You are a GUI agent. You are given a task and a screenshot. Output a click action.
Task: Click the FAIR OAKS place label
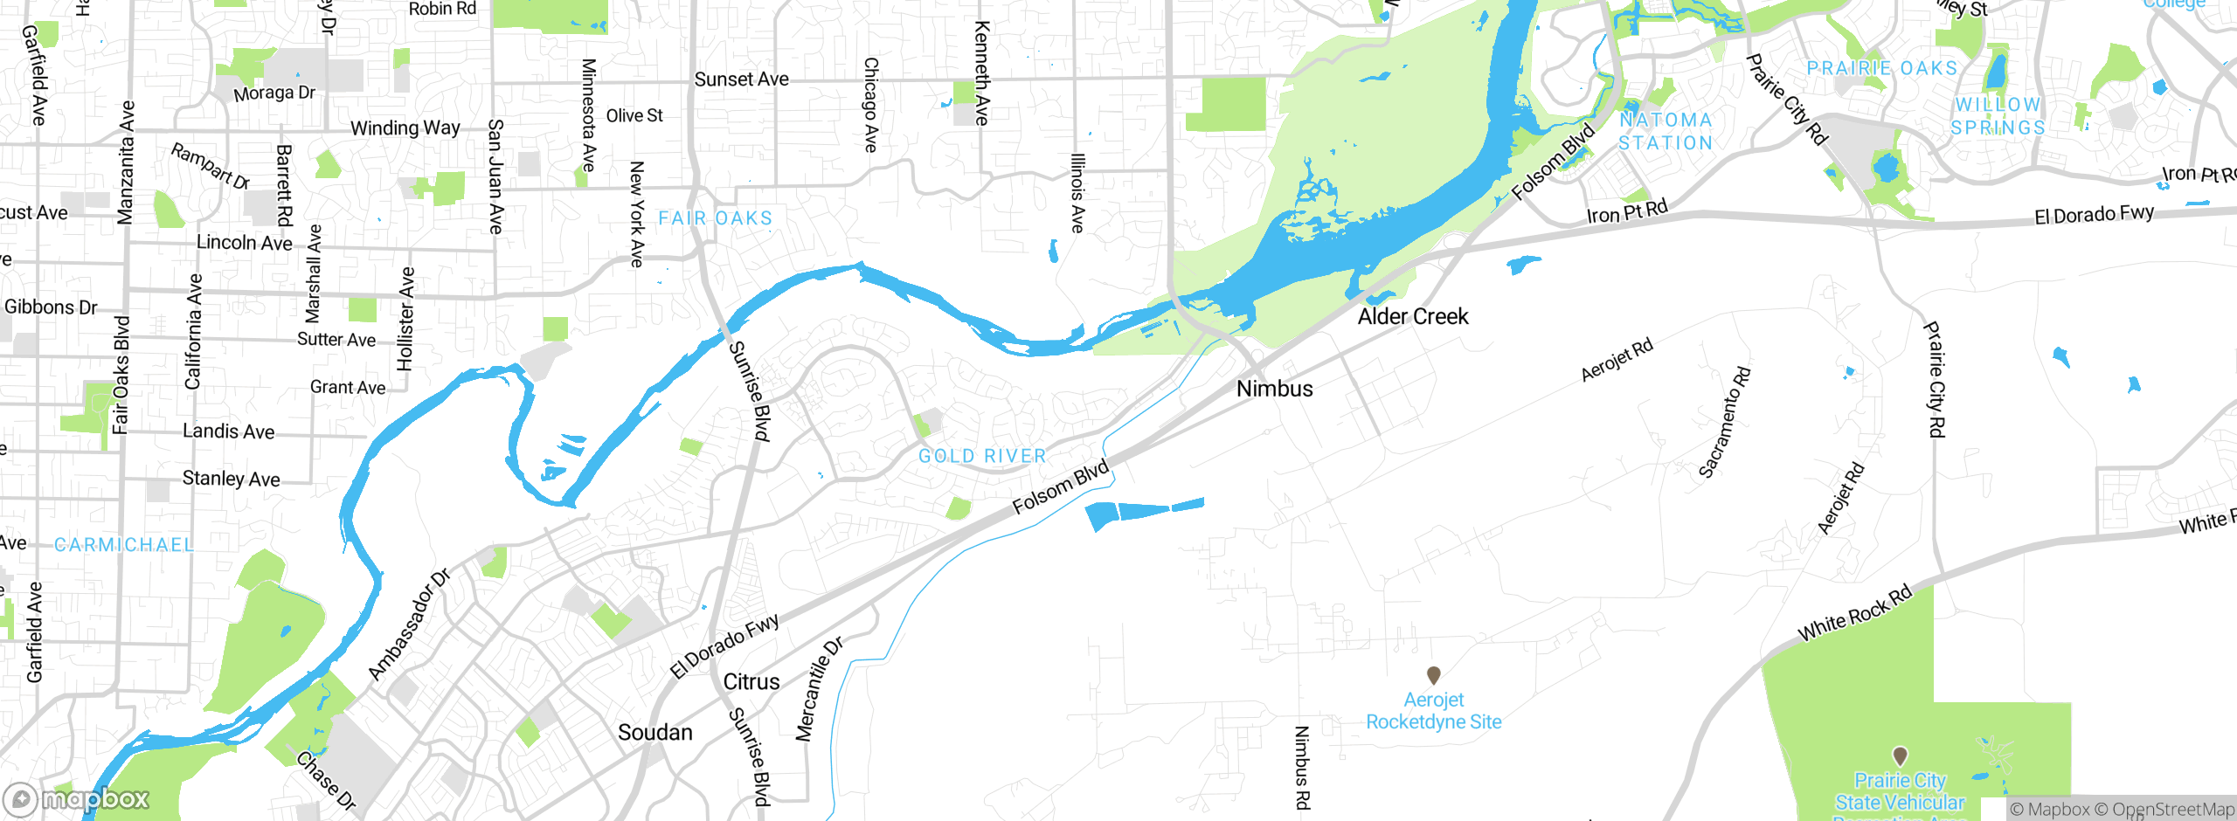point(715,218)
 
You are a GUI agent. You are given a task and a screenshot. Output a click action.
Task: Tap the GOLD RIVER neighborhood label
point(982,456)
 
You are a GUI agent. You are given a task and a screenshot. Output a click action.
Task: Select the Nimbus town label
point(1274,390)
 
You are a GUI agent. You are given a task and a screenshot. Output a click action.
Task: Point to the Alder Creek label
point(1412,317)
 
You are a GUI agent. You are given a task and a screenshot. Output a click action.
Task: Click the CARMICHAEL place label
point(124,545)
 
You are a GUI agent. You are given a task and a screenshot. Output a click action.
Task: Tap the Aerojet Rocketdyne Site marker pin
point(1433,675)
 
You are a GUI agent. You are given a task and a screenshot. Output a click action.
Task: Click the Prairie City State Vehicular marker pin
point(1900,755)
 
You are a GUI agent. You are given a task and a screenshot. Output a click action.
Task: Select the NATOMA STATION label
point(1666,132)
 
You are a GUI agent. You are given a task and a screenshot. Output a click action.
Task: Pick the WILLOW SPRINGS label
point(1998,116)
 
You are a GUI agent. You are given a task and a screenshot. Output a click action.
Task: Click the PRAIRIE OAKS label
point(1882,68)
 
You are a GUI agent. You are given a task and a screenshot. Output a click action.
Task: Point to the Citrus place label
point(751,682)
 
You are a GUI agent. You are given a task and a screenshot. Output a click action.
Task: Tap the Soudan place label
point(654,733)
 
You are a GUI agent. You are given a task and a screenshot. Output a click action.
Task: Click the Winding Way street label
point(405,128)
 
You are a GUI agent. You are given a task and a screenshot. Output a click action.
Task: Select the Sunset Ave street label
point(741,79)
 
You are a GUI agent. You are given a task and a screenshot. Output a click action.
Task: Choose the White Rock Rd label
point(1854,614)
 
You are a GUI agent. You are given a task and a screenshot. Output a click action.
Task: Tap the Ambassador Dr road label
point(409,624)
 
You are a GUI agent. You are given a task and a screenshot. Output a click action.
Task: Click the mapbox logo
point(77,799)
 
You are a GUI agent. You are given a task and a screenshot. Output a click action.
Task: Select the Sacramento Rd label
point(1724,423)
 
